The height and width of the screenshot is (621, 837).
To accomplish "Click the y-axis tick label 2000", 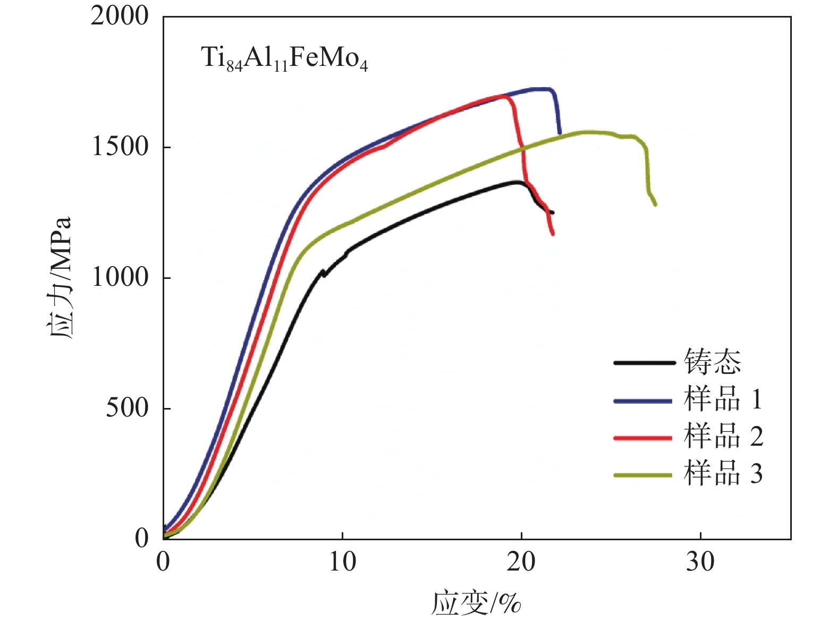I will pyautogui.click(x=120, y=16).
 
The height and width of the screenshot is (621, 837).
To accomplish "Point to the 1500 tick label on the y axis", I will pyautogui.click(x=120, y=147).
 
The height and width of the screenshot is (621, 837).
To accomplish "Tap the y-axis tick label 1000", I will pyautogui.click(x=120, y=277).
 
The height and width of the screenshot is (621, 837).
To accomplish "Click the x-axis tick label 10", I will pyautogui.click(x=342, y=562).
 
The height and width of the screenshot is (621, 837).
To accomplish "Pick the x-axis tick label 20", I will pyautogui.click(x=521, y=562).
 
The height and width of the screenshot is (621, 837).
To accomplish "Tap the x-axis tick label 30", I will pyautogui.click(x=700, y=562).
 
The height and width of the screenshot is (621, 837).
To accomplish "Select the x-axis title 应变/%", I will pyautogui.click(x=476, y=603).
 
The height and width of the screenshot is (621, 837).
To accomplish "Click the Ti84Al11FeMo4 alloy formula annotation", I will pyautogui.click(x=284, y=58).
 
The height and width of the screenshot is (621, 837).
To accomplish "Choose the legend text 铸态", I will pyautogui.click(x=712, y=362).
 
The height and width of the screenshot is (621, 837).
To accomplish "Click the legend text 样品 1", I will pyautogui.click(x=723, y=399).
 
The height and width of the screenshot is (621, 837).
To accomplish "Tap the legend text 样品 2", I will pyautogui.click(x=723, y=437).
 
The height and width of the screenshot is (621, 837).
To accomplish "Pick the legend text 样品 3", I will pyautogui.click(x=723, y=474).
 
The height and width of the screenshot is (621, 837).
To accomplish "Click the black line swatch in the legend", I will pyautogui.click(x=644, y=363).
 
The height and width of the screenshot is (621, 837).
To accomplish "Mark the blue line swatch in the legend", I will pyautogui.click(x=644, y=401).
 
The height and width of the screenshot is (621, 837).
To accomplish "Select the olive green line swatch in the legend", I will pyautogui.click(x=644, y=475).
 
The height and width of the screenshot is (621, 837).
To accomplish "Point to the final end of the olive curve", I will pyautogui.click(x=655, y=205).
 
